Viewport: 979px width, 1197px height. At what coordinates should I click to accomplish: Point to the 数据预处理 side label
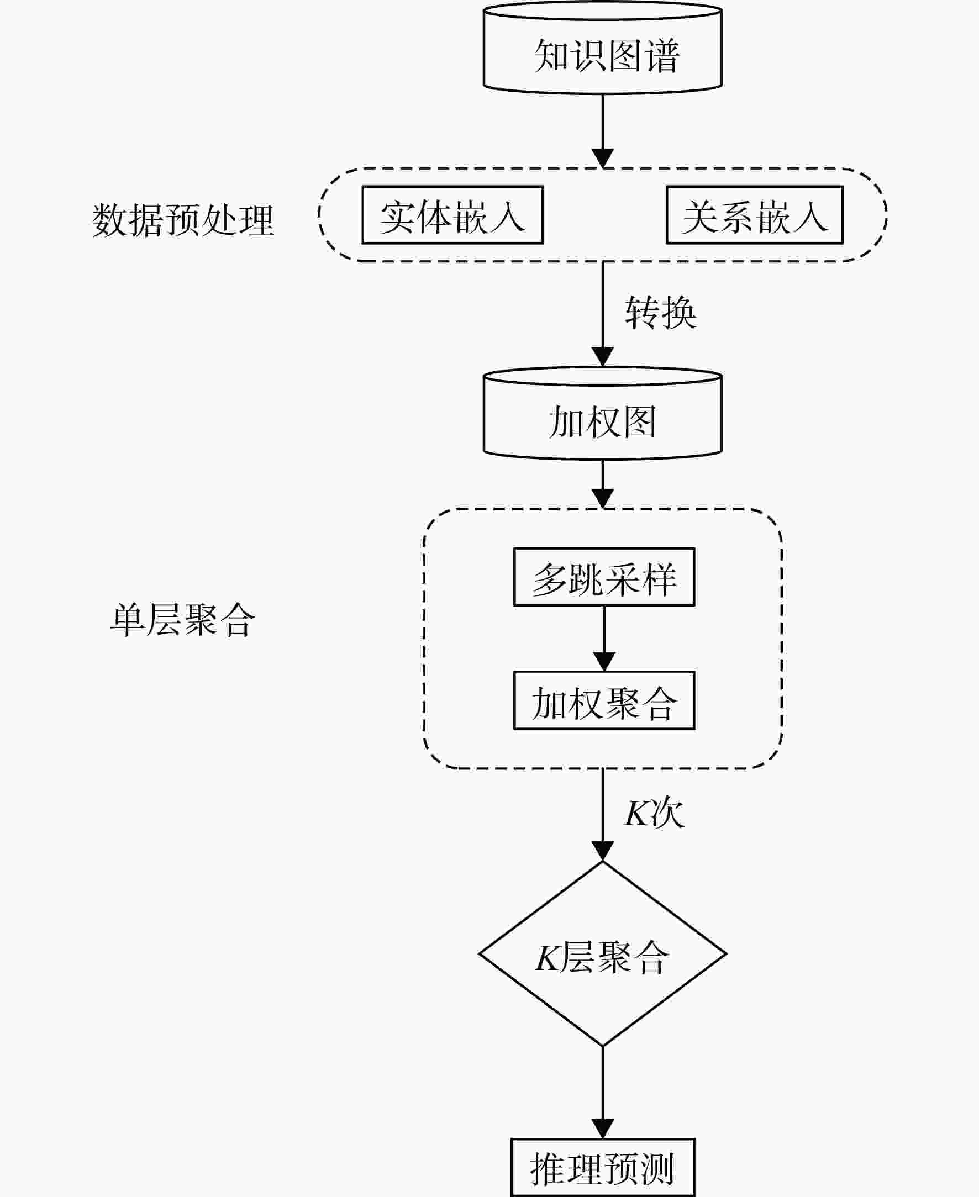(x=183, y=220)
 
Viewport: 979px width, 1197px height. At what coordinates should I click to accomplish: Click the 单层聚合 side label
(x=183, y=620)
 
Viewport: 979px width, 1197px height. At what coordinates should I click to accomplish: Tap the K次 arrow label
(x=654, y=813)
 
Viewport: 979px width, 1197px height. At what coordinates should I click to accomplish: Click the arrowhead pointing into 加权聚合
(x=604, y=662)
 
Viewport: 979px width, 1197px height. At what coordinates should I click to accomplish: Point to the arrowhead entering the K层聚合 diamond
(x=602, y=851)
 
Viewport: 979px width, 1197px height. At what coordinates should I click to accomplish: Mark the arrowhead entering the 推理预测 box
(x=602, y=1129)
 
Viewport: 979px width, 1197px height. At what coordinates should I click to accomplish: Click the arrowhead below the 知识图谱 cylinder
(x=602, y=159)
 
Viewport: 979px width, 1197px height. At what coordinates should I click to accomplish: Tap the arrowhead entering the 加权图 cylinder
(x=602, y=357)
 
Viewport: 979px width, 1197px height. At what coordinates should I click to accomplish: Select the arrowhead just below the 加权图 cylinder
(x=602, y=499)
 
